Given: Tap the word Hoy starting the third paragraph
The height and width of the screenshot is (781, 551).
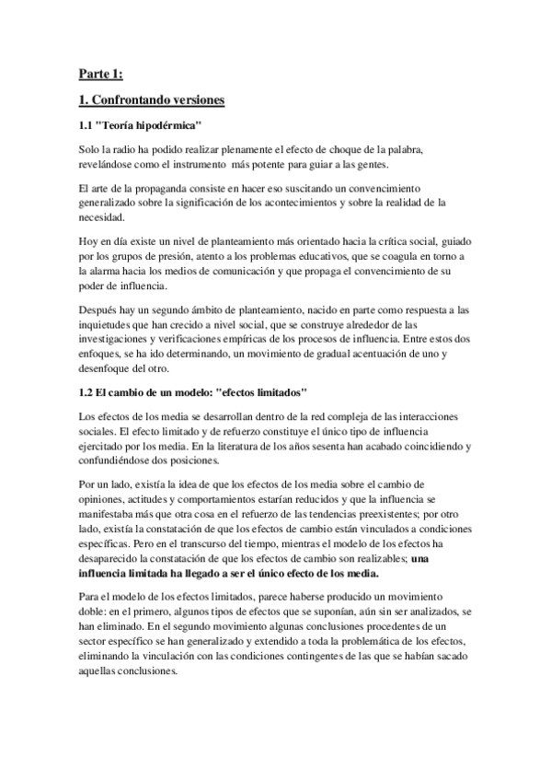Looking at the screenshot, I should click(90, 241).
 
